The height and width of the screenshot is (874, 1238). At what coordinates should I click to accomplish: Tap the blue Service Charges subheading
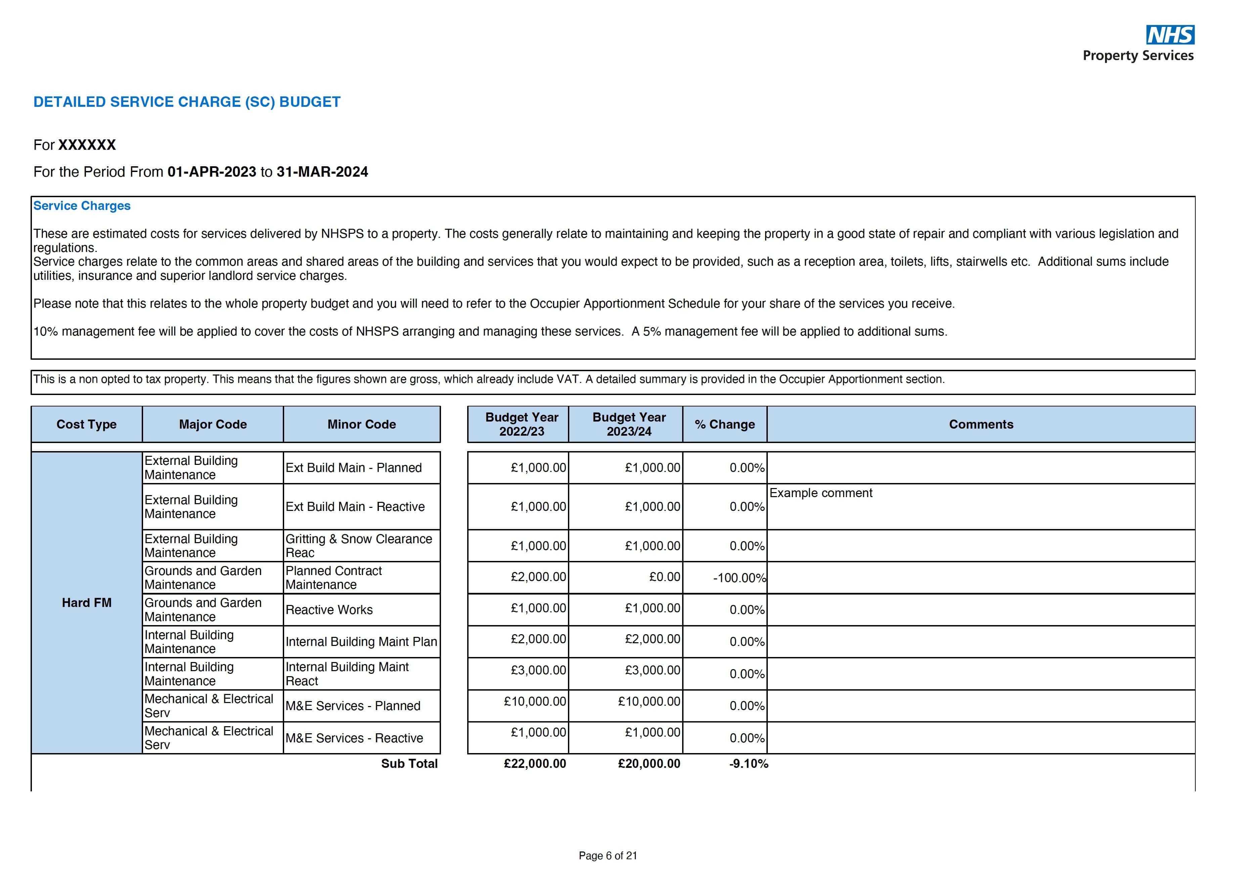pos(82,206)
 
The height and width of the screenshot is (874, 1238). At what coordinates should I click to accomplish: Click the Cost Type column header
pos(86,424)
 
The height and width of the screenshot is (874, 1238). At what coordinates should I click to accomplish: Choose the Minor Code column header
pos(361,424)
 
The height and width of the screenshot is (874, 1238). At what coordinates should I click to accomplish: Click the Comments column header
pos(980,424)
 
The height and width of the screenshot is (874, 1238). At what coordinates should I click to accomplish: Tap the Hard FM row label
pos(86,603)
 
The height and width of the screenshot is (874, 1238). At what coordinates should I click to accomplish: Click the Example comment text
pos(820,493)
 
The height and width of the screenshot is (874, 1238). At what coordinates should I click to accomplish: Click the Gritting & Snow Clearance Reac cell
pos(359,545)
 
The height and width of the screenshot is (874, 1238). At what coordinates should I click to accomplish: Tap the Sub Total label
pos(409,763)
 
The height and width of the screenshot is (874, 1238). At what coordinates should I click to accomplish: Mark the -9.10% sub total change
pos(748,763)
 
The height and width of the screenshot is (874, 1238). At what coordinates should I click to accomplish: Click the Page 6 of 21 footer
pos(608,856)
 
